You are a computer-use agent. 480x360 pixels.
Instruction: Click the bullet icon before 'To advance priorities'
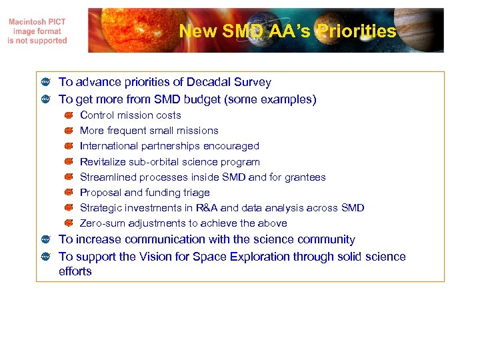(45, 83)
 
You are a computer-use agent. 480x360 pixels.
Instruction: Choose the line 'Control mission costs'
(130, 115)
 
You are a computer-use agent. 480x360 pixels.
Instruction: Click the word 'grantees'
(305, 177)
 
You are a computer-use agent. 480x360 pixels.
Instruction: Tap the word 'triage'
(195, 193)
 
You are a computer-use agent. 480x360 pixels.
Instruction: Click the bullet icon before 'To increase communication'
(45, 240)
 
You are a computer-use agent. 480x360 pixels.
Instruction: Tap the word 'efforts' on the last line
(75, 272)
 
